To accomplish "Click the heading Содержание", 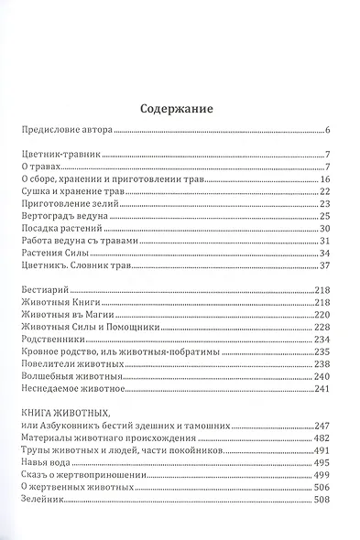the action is click(x=180, y=110).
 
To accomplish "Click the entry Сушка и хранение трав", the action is click(x=71, y=191).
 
